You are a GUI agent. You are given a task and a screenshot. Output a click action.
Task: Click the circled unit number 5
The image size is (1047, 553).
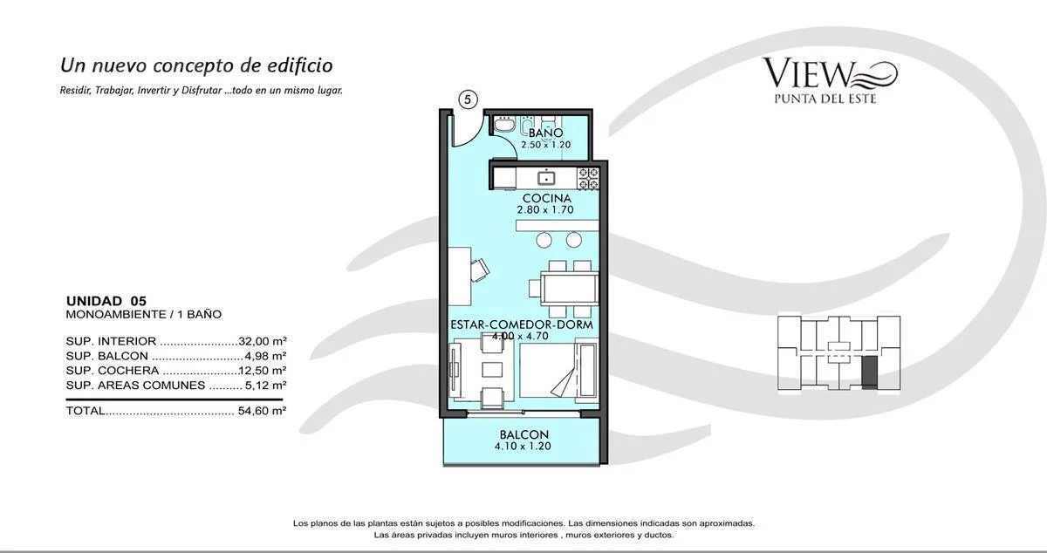(469, 99)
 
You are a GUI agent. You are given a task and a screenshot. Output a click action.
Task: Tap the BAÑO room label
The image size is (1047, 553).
(546, 133)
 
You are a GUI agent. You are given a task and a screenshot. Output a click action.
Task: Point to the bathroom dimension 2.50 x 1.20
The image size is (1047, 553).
(546, 145)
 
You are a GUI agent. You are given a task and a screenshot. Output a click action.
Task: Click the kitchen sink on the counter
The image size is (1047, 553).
(546, 178)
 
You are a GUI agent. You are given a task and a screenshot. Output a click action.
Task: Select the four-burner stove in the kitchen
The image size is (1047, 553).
(588, 179)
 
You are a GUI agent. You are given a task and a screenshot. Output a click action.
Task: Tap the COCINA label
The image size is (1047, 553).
(547, 198)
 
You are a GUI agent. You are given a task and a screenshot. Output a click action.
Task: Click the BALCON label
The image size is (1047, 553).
(524, 434)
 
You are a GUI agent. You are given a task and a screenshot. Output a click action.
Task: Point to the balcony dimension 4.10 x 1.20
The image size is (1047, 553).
(523, 447)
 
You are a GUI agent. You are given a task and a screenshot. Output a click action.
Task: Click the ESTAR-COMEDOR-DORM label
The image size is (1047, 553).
(521, 324)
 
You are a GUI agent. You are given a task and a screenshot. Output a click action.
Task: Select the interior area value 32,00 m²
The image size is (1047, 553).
(263, 341)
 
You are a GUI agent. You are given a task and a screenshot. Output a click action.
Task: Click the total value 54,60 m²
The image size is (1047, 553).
(262, 411)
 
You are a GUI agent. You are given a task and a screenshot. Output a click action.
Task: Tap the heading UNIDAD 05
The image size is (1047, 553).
(106, 301)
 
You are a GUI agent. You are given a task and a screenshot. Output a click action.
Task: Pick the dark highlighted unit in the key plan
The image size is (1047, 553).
(869, 372)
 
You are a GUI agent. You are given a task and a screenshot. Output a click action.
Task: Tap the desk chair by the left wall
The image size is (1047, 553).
(480, 270)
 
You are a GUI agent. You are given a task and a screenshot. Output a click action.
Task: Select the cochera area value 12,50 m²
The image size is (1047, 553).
(263, 371)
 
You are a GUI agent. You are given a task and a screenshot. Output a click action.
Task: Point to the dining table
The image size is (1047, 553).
(569, 289)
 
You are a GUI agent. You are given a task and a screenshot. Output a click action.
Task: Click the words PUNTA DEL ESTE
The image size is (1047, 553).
(825, 99)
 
